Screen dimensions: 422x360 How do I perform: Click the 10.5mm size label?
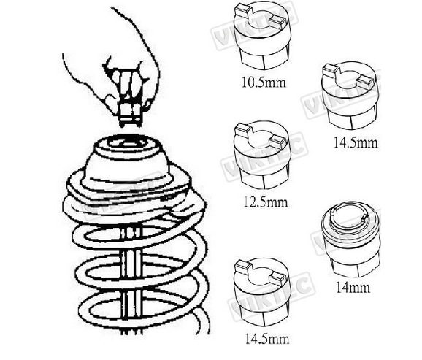click(264, 82)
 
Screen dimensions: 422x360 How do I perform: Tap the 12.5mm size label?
click(266, 202)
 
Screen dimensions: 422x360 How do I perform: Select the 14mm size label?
click(353, 288)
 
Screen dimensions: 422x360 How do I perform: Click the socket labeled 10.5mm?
click(263, 36)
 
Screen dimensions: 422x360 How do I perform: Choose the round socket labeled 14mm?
click(350, 238)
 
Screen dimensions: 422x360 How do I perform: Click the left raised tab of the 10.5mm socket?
click(242, 10)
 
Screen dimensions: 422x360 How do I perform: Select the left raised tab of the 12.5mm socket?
click(243, 129)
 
